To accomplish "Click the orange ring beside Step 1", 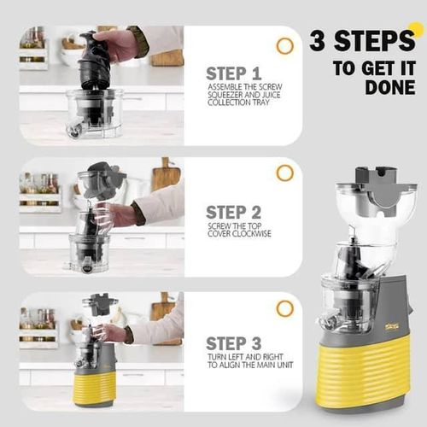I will coord(284,45).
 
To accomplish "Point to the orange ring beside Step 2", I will coord(284,173).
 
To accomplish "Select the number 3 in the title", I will coord(319,40).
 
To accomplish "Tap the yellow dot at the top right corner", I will coord(417,30).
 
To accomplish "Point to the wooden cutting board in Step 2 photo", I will coord(165,178).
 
